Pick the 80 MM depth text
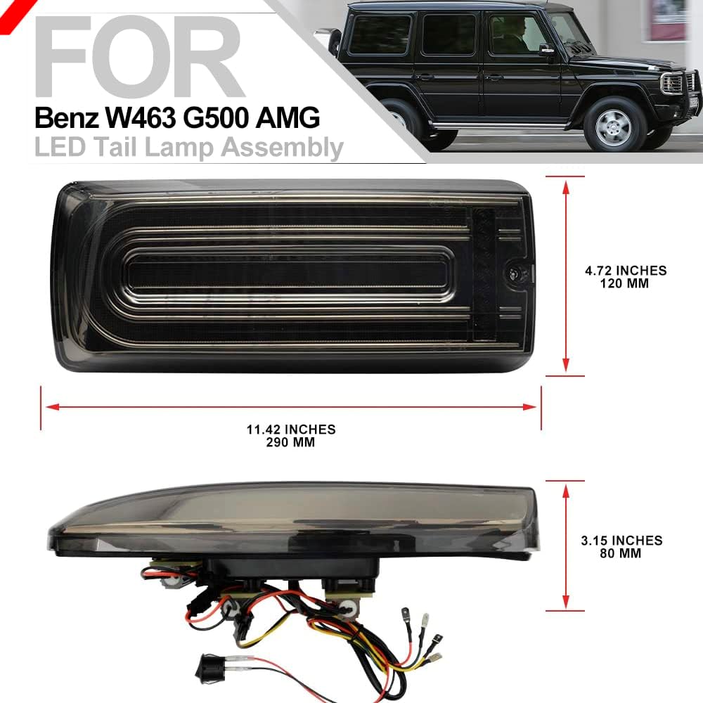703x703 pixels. pos(621,553)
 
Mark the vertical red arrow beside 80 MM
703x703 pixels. pos(565,546)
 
